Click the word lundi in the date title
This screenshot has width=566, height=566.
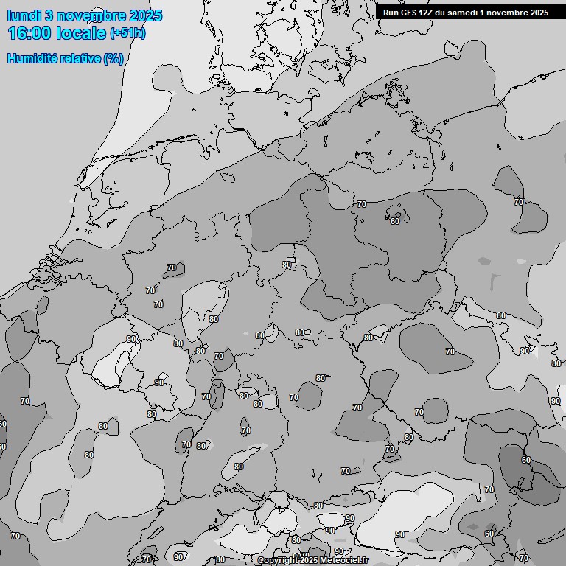pyautogui.click(x=22, y=15)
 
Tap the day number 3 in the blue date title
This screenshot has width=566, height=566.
pyautogui.click(x=49, y=15)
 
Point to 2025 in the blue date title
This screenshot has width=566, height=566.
pyautogui.click(x=145, y=15)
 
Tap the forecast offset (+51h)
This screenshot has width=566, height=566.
pyautogui.click(x=127, y=33)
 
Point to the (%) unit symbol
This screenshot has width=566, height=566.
pyautogui.click(x=113, y=58)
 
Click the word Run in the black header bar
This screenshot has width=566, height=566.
pyautogui.click(x=391, y=13)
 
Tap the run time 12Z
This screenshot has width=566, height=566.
pyautogui.click(x=427, y=13)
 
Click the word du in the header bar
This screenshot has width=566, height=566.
pyautogui.click(x=441, y=13)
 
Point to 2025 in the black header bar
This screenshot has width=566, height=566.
pyautogui.click(x=538, y=13)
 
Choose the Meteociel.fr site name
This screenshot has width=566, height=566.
pyautogui.click(x=349, y=561)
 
